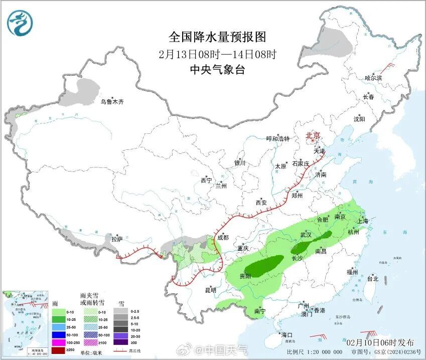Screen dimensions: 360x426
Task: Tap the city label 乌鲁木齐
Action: pyautogui.click(x=111, y=102)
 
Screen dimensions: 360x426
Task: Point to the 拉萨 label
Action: pyautogui.click(x=117, y=239)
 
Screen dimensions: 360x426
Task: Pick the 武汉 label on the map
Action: pyautogui.click(x=306, y=235)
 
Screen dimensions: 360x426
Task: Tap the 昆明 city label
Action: pyautogui.click(x=210, y=290)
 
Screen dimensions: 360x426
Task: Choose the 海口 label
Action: pyautogui.click(x=287, y=334)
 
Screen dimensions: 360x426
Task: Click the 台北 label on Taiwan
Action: pyautogui.click(x=373, y=278)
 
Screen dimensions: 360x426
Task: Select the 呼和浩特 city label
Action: pyautogui.click(x=277, y=139)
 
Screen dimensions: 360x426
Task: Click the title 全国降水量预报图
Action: pyautogui.click(x=217, y=37)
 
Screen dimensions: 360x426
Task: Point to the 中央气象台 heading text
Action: pyautogui.click(x=217, y=70)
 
